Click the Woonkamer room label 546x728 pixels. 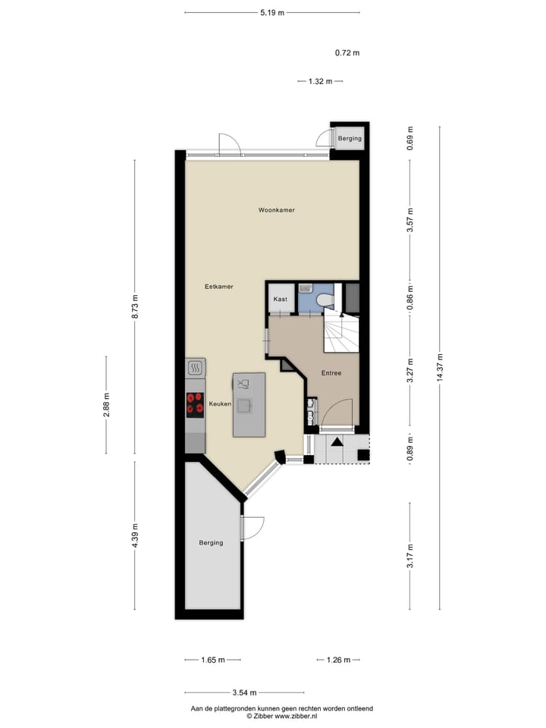click(x=276, y=210)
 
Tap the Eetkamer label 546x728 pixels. click(x=218, y=287)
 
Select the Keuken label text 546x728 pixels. click(x=219, y=404)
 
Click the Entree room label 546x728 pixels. click(x=331, y=373)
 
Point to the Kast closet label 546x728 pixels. click(x=280, y=300)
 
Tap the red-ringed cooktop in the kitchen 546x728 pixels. click(x=195, y=403)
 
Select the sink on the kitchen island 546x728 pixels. click(x=244, y=405)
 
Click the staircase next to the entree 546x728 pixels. click(x=340, y=334)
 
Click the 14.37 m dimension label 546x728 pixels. click(x=439, y=369)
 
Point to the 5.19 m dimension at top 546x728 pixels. click(x=271, y=13)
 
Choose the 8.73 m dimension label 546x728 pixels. click(x=135, y=306)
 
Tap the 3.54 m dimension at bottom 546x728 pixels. click(x=243, y=692)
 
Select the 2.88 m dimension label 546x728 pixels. click(x=106, y=405)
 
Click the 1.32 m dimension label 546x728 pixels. click(x=320, y=81)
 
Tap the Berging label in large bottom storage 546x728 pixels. click(x=211, y=542)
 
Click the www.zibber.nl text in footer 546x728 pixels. click(x=297, y=716)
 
